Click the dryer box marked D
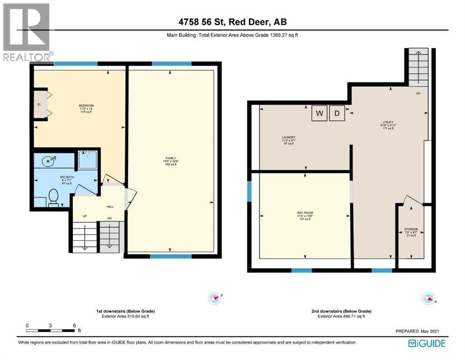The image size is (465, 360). coord(336,114)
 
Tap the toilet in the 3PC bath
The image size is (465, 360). coord(53,197)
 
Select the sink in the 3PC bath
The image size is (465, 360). coord(48,161)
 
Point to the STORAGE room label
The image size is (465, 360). coord(411,229)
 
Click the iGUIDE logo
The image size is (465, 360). coord(427,344)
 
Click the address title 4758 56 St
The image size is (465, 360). coord(233,22)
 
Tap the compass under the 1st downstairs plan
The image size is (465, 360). coord(215,298)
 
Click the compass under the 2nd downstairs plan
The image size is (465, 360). coord(428,298)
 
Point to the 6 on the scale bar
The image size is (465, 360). coord(74,325)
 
